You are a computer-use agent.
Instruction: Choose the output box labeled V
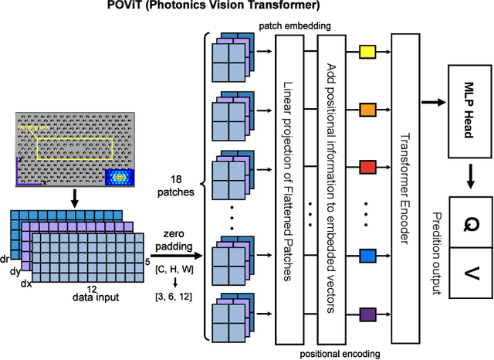468,273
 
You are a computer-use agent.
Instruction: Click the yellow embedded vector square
367,52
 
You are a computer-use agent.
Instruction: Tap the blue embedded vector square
367,255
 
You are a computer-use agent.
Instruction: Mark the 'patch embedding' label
297,25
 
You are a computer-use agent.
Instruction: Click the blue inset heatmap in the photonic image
118,177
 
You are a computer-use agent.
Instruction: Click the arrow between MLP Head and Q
468,179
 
